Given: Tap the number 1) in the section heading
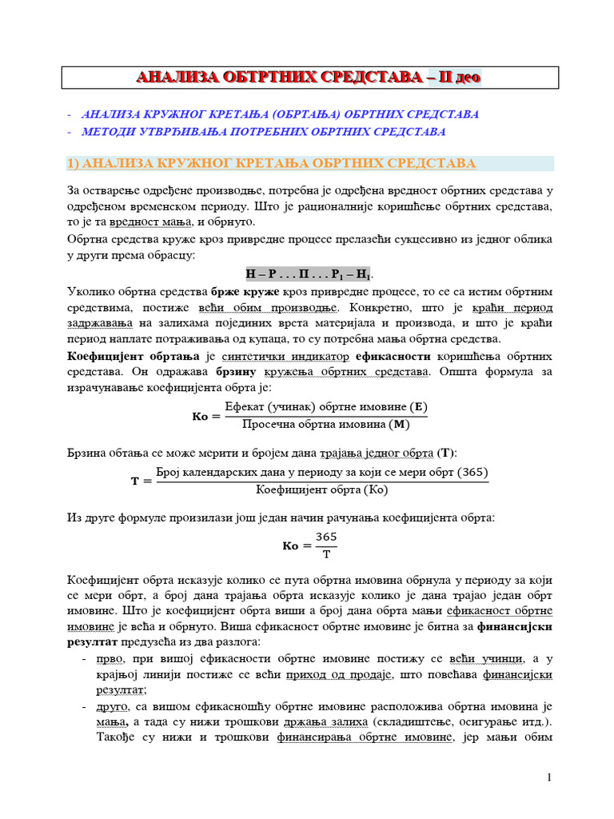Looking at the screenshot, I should pyautogui.click(x=72, y=163).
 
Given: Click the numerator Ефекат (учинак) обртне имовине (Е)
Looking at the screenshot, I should pyautogui.click(x=326, y=407).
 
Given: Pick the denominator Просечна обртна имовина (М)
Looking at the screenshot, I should pyautogui.click(x=325, y=424).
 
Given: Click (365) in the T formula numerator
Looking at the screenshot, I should pyautogui.click(x=474, y=473).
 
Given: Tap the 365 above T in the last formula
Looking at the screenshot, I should pyautogui.click(x=326, y=537).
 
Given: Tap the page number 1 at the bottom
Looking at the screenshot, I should pyautogui.click(x=550, y=778).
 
